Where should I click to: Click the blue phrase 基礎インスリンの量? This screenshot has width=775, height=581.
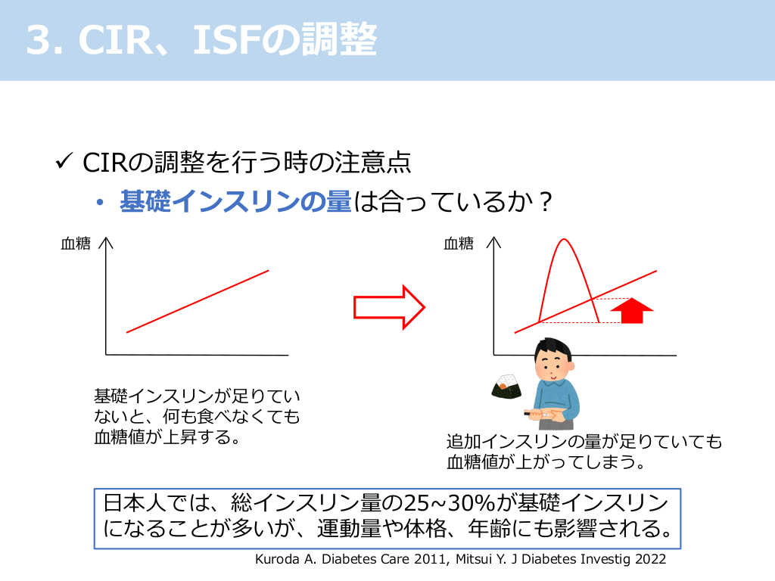click(x=236, y=201)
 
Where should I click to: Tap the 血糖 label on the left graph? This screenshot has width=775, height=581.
click(x=76, y=244)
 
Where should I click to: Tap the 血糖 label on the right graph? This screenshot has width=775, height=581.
click(x=459, y=244)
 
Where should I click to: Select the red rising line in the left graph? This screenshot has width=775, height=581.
click(x=198, y=301)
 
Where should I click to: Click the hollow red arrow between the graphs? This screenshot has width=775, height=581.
click(x=390, y=307)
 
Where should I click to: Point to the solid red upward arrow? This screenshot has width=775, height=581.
click(x=632, y=311)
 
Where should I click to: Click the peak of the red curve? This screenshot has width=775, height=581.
click(x=564, y=240)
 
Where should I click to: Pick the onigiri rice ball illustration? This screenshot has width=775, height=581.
click(x=506, y=386)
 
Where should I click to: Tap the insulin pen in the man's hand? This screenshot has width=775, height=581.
click(x=539, y=415)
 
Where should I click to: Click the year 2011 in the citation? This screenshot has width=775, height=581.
click(x=431, y=559)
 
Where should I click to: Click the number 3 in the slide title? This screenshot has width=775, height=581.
click(x=38, y=39)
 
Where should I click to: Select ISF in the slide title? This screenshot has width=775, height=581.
click(x=226, y=39)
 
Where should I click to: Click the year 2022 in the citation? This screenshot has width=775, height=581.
click(x=650, y=559)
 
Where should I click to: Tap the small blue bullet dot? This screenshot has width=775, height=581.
click(x=101, y=202)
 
